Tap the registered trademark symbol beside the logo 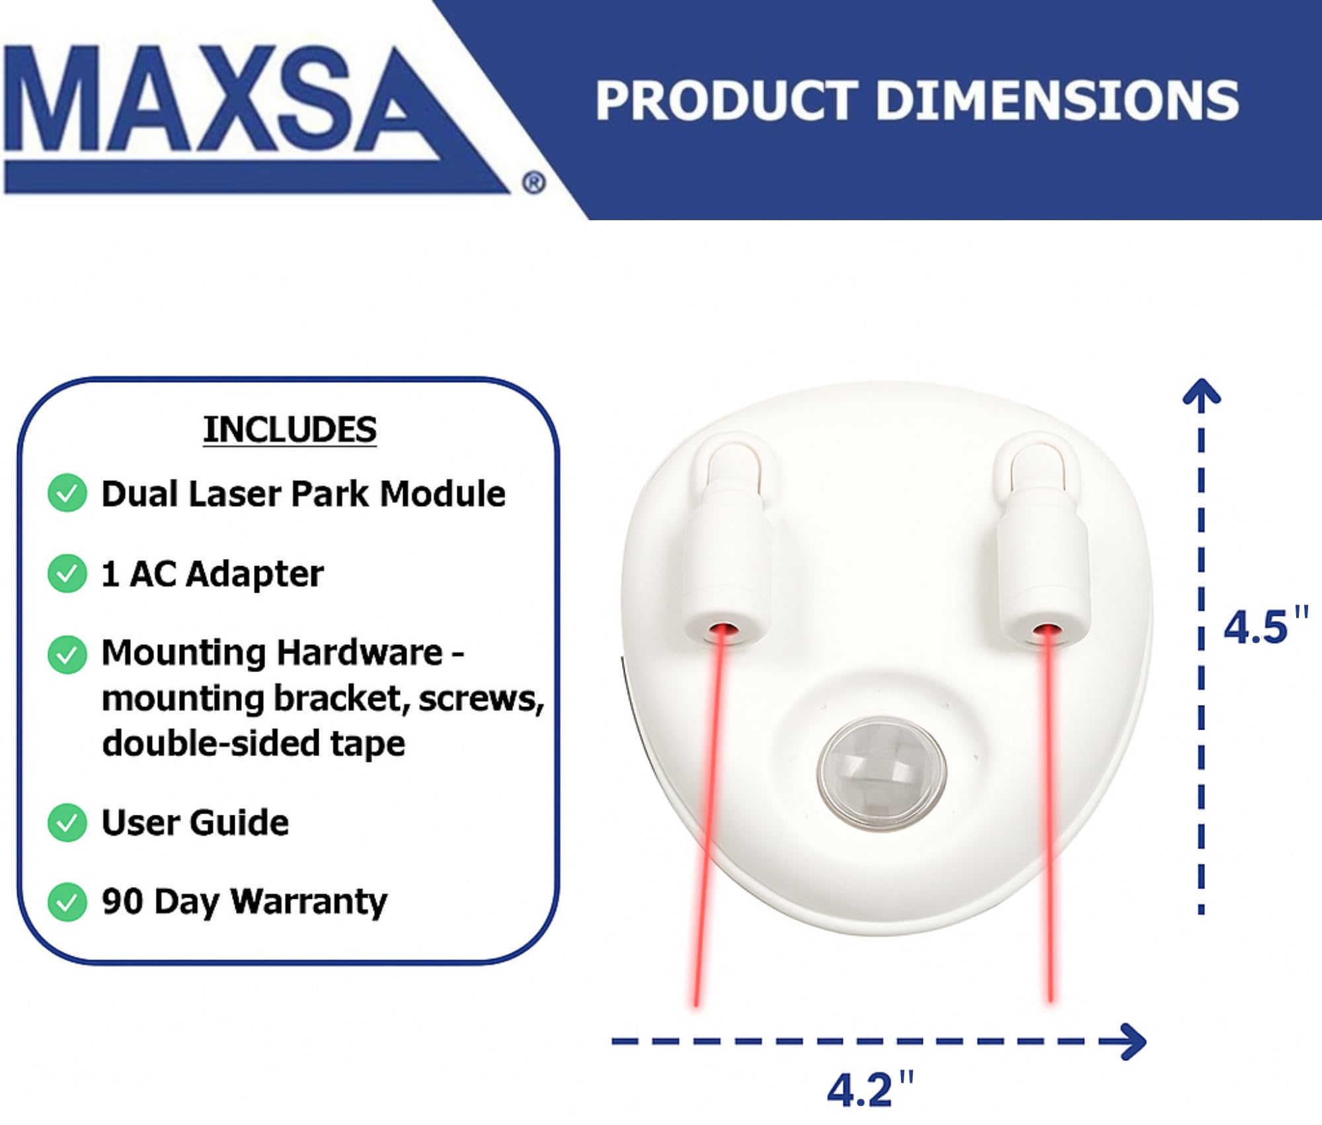534,183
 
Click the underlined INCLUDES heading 290,430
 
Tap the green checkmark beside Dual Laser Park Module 67,493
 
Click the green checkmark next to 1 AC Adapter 67,573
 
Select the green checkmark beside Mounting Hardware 67,655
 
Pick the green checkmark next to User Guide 67,823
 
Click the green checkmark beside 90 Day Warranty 67,902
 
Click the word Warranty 309,902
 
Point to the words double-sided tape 254,743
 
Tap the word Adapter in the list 255,574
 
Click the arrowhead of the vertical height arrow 1201,392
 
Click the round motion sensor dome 882,772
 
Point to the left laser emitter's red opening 724,628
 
